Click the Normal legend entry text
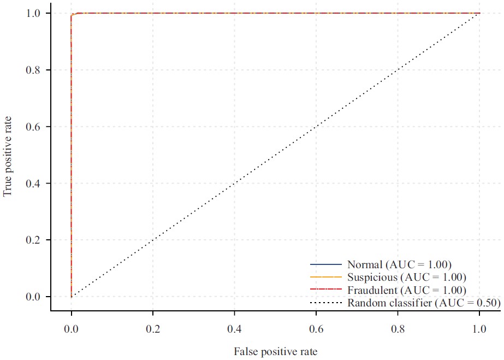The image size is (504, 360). pos(399,264)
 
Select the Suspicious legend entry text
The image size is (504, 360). pos(406,277)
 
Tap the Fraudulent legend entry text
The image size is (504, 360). pos(407,290)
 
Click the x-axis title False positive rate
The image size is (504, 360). pos(275,351)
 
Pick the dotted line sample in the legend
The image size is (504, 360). pos(325,303)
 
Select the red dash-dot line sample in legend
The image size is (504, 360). pos(325,290)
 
